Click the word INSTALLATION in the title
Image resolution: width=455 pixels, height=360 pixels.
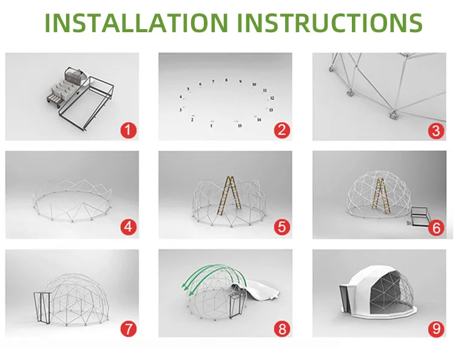(138, 22)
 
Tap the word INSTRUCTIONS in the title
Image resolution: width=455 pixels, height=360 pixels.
(330, 22)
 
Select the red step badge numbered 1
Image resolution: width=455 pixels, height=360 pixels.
(129, 129)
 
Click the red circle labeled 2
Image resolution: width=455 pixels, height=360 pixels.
(281, 129)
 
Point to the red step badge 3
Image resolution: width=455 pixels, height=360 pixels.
(436, 129)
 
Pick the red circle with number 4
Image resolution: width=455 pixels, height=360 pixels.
(129, 227)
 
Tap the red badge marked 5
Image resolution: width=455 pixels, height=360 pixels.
(281, 227)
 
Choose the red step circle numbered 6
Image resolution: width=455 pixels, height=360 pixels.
(436, 227)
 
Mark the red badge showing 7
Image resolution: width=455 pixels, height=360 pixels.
(129, 328)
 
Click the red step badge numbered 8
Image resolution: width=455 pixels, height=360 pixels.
(281, 328)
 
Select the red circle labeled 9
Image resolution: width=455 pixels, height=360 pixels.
(436, 328)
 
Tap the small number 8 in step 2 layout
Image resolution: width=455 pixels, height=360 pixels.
(226, 80)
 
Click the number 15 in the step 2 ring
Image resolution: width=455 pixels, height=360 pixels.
(240, 126)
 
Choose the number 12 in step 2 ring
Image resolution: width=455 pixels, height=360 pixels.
(272, 98)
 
